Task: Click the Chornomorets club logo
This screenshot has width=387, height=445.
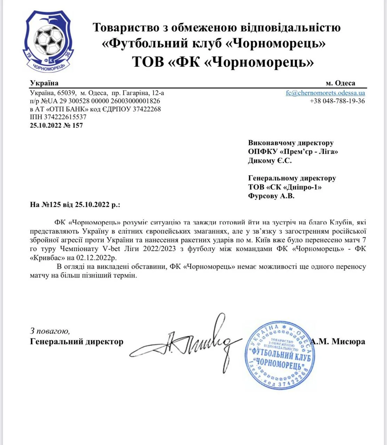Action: click(x=48, y=41)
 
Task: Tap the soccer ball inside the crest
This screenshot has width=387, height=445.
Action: click(x=49, y=38)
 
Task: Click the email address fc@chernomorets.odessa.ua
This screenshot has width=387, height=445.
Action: click(x=325, y=93)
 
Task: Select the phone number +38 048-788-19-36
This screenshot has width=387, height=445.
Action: click(x=337, y=101)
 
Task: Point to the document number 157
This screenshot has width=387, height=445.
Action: click(x=78, y=126)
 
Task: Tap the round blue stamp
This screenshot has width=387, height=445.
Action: click(x=280, y=355)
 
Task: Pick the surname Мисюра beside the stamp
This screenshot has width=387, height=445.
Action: click(x=348, y=341)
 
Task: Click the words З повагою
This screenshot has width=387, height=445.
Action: click(x=50, y=331)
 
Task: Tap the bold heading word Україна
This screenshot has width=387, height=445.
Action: click(x=44, y=83)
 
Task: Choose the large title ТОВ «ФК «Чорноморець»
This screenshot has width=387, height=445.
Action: click(x=223, y=62)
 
